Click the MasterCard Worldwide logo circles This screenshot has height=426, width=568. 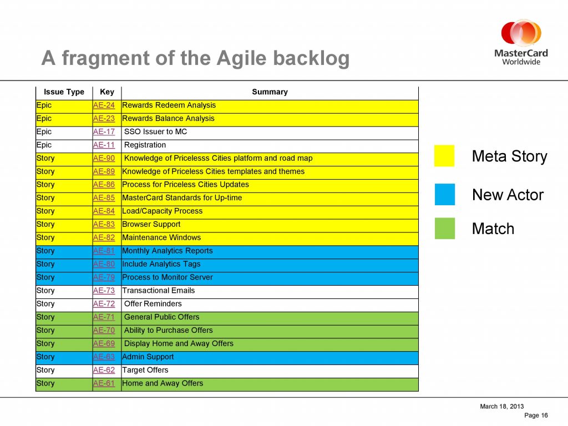point(521,33)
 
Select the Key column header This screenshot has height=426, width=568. point(107,92)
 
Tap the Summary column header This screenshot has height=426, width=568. point(270,92)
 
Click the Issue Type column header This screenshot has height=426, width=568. point(64,92)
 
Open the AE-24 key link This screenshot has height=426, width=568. point(104,105)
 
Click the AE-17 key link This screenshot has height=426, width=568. point(104,132)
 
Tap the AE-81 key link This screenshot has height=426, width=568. point(104,251)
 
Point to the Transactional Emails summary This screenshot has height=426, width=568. point(158,291)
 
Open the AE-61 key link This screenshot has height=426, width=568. point(104,383)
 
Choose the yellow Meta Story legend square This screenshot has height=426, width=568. point(444,156)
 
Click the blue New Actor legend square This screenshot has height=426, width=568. point(445,195)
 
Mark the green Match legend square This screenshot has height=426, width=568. point(445,228)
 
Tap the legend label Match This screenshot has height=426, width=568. point(493,229)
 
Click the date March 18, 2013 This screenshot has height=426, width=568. point(501,407)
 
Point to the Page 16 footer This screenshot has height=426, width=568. point(536,415)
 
